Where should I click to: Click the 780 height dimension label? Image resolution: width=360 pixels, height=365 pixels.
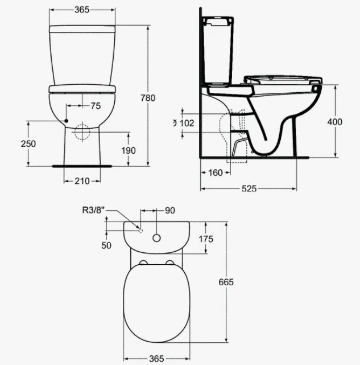click(148, 98)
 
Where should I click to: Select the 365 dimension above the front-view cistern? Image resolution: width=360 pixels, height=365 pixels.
click(82, 10)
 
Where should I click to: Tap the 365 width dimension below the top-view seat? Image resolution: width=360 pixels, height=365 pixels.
click(156, 359)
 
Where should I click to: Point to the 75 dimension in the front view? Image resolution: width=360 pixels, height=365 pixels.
click(96, 106)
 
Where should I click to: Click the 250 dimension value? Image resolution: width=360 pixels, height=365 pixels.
click(28, 144)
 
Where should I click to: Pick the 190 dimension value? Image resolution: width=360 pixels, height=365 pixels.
click(129, 150)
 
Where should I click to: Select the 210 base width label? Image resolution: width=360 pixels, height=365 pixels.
click(82, 181)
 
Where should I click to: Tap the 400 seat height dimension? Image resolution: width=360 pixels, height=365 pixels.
click(335, 122)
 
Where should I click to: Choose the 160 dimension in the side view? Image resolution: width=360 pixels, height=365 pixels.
click(216, 173)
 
